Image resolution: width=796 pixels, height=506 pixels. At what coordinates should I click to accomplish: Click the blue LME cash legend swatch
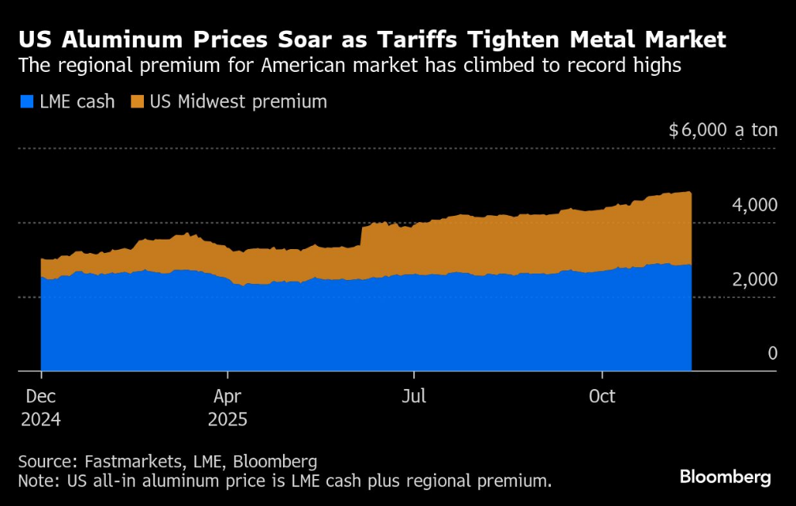[x=25, y=101]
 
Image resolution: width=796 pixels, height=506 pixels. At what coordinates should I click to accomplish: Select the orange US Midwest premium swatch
[x=138, y=101]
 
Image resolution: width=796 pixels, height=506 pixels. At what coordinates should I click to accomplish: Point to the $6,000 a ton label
[x=722, y=130]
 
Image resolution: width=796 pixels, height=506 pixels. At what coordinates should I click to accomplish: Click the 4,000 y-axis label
[x=754, y=206]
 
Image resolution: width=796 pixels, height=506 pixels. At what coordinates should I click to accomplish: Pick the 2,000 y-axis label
[x=754, y=280]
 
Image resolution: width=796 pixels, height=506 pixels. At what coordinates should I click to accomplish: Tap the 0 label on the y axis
[x=772, y=353]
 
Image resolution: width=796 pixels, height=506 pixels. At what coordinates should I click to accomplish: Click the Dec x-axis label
[x=40, y=396]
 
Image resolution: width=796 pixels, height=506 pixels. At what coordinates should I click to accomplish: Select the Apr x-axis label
[x=228, y=396]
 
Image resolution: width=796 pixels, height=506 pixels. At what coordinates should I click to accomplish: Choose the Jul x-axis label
[x=413, y=396]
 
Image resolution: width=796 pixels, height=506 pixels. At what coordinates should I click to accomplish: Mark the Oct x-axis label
[x=603, y=396]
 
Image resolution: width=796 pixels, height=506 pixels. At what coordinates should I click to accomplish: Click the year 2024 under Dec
[x=40, y=419]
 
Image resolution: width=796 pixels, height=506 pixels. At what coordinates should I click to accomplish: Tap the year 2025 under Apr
[x=228, y=419]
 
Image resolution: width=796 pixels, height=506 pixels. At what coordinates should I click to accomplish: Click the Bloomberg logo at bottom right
[x=725, y=477]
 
